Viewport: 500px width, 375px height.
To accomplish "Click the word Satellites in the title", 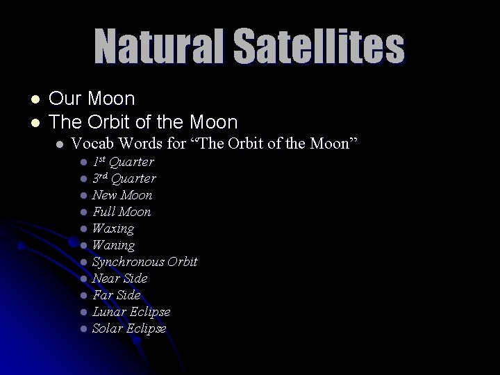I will click(319, 47).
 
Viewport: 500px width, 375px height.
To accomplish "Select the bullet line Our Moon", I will click(92, 99).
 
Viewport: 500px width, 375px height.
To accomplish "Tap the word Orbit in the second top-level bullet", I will click(111, 122).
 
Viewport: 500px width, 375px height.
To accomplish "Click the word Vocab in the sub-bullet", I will click(92, 144).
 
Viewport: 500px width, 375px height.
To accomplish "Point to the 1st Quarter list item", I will click(123, 162).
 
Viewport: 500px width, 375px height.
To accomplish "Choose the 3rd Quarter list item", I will click(124, 178).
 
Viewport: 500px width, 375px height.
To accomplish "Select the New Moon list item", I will click(122, 195).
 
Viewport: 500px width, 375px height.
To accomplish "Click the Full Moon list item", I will click(121, 212).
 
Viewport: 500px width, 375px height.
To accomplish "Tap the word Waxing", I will click(112, 228).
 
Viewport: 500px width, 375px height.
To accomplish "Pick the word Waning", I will click(113, 245).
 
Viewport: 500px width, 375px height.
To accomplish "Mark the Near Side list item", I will click(119, 278).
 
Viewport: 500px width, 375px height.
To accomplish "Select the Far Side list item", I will click(116, 295).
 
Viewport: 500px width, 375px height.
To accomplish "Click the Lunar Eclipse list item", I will click(131, 312).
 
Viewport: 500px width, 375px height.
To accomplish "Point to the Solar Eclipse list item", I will click(128, 328).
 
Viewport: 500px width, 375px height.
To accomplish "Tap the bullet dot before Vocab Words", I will click(61, 145).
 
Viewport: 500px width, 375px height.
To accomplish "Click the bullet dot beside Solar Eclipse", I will click(83, 329).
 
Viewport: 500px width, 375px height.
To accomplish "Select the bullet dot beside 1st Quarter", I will click(83, 162).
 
